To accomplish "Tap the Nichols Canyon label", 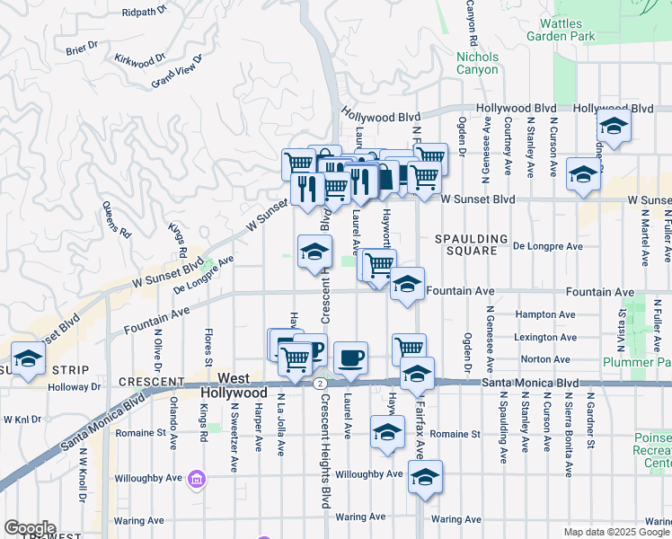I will click(477, 63).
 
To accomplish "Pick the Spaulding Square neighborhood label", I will click(465, 244).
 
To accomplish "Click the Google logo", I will click(30, 528).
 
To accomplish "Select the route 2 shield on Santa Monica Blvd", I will click(320, 383).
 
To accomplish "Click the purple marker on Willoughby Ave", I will click(196, 482).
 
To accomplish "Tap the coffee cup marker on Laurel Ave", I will click(350, 358).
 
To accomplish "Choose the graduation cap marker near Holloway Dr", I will click(29, 358).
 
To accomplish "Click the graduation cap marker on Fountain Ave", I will click(407, 286).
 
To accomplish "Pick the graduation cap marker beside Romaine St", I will click(387, 432).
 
